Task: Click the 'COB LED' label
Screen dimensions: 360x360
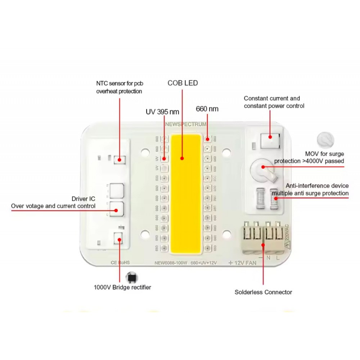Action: pyautogui.click(x=183, y=83)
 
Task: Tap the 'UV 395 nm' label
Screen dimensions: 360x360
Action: pyautogui.click(x=162, y=112)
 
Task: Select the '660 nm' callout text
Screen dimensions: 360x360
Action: pyautogui.click(x=207, y=109)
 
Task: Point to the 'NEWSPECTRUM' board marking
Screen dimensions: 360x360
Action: pyautogui.click(x=186, y=125)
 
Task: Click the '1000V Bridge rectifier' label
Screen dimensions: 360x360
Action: pyautogui.click(x=122, y=287)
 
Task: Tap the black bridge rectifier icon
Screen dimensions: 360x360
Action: pyautogui.click(x=131, y=278)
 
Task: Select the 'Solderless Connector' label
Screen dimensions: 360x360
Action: pyautogui.click(x=263, y=292)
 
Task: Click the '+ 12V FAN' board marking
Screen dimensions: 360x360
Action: pyautogui.click(x=242, y=263)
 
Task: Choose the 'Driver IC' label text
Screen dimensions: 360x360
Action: pyautogui.click(x=84, y=199)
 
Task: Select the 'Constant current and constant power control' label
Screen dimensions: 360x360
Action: pyautogui.click(x=274, y=102)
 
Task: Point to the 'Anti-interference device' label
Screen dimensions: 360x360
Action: pyautogui.click(x=317, y=186)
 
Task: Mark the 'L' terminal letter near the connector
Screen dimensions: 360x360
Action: pyautogui.click(x=278, y=258)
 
